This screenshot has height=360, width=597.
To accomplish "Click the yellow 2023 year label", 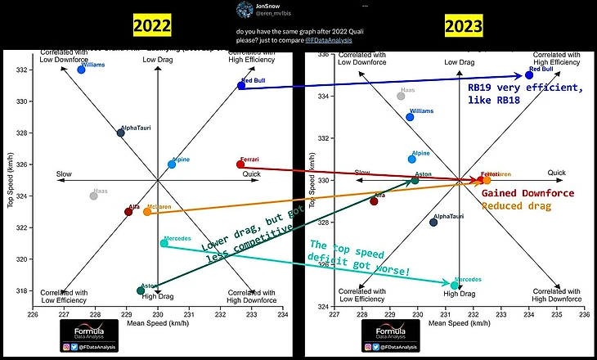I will [465, 25].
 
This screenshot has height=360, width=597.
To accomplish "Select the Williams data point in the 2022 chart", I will [81, 70].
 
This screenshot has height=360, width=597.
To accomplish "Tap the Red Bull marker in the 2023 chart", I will [529, 74].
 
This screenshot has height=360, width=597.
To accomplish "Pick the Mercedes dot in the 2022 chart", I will [164, 243].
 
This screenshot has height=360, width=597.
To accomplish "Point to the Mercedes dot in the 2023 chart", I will [455, 286].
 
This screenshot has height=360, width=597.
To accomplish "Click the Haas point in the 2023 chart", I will [401, 96].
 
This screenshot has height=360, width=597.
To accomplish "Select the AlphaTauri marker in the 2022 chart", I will [121, 133].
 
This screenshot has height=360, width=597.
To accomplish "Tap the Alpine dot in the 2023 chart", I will [412, 159].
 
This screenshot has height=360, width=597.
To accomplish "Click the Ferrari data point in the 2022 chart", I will [240, 164].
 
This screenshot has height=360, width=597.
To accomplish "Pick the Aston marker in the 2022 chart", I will [141, 290].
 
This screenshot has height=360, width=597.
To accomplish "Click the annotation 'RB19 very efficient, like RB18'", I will [524, 93].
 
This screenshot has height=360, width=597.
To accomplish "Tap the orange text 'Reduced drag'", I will [516, 205].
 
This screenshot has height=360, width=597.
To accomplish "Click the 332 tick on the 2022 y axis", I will [22, 70].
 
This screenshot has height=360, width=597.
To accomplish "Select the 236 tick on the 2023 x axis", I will [585, 314].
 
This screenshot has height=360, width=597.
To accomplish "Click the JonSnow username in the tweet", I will [267, 5].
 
